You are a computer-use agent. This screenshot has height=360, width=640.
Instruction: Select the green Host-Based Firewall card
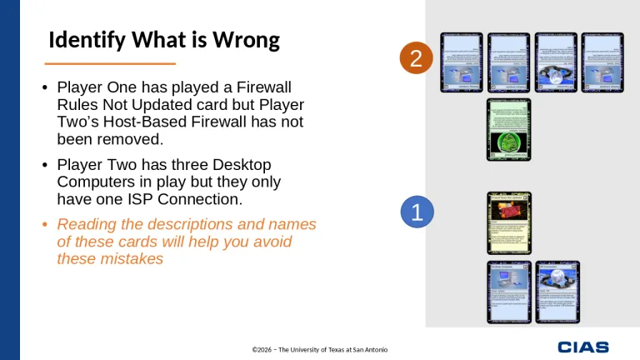(x=508, y=129)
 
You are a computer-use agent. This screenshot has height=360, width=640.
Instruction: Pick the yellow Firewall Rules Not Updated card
(x=508, y=222)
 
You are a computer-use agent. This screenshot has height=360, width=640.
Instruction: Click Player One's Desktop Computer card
(x=508, y=292)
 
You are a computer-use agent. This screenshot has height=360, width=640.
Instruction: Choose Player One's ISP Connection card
(x=557, y=292)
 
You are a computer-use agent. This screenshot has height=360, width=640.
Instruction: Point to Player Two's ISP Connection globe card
(x=556, y=62)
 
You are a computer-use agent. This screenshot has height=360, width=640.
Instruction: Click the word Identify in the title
(x=84, y=40)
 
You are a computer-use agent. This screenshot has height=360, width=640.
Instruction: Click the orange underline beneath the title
(x=109, y=63)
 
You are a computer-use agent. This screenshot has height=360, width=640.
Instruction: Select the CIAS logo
(x=582, y=347)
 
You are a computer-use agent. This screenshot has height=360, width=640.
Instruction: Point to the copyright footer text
(x=320, y=348)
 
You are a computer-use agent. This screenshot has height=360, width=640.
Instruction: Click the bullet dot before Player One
(x=45, y=87)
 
